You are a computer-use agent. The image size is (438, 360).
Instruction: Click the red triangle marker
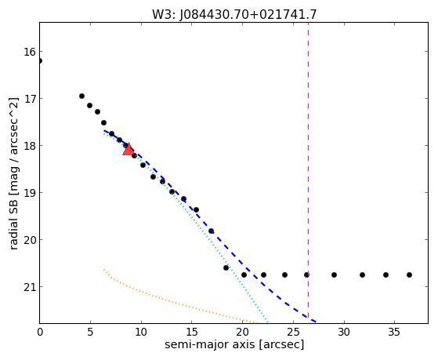pos(129,149)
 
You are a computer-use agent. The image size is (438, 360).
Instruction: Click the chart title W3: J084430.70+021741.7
pos(234,15)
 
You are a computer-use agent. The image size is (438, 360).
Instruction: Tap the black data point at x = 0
pos(40,60)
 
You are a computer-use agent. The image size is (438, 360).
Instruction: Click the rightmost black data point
pos(409,275)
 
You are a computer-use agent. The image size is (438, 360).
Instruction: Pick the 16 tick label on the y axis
pos(29,52)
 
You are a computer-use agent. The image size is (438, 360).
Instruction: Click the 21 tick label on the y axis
pos(29,287)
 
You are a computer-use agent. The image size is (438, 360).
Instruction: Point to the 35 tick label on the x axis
pos(394,332)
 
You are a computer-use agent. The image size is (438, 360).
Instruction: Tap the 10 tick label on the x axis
pos(141,332)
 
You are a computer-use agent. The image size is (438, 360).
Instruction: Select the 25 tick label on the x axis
pos(293,332)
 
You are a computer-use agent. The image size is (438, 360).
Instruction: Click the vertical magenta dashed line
pos(308,173)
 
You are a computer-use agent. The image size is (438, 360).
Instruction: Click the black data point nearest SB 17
pos(81,96)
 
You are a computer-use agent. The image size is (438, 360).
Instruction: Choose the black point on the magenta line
pos(306,275)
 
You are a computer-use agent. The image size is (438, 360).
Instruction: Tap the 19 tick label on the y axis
pos(29,193)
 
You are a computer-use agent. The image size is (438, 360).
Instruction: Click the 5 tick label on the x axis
pos(90,332)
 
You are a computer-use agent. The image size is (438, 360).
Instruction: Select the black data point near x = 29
pos(334,275)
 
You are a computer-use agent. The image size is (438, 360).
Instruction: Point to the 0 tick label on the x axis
pos(40,332)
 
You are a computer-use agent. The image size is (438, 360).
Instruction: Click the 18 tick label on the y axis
pos(29,146)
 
